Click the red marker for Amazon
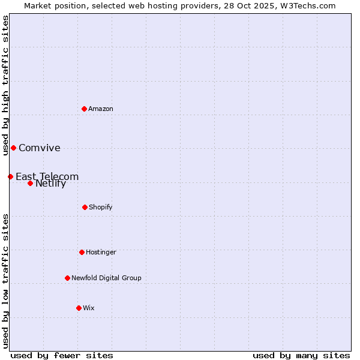[85, 109]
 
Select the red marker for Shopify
[85, 207]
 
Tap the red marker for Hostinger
[82, 252]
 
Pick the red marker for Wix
[79, 308]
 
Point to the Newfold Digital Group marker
[67, 278]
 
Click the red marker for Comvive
[13, 148]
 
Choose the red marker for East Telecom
[10, 176]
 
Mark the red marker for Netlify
[30, 183]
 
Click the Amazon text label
[101, 109]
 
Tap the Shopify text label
[101, 207]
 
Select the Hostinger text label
[101, 252]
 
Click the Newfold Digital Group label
[106, 278]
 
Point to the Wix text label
[89, 308]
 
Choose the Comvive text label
[40, 148]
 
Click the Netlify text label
[51, 184]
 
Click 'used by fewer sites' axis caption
[62, 355]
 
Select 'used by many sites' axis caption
[301, 355]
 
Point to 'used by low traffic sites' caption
[5, 281]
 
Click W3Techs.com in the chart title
[307, 5]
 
